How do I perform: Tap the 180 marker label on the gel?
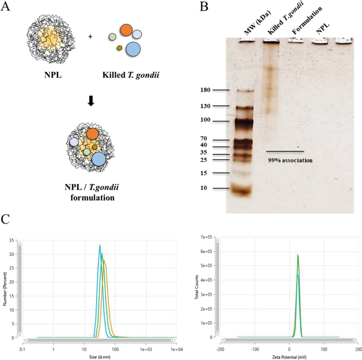(x=205, y=90)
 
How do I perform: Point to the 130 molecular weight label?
(x=205, y=106)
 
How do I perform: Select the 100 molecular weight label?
(x=205, y=121)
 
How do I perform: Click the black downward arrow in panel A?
(x=91, y=100)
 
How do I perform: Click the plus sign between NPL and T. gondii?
(x=90, y=37)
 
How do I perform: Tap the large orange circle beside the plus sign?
(x=126, y=30)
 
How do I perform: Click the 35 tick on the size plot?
(x=12, y=241)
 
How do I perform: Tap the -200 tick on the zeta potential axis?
(x=220, y=349)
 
